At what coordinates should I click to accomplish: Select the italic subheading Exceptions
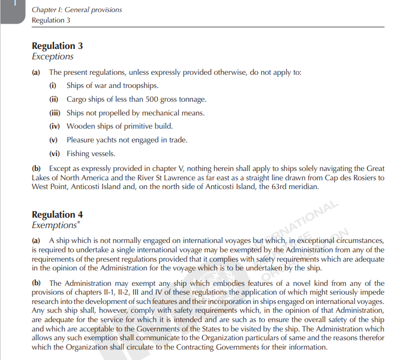[53, 57]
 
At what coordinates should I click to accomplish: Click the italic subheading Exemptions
[53, 225]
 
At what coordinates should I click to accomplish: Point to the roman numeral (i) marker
[53, 86]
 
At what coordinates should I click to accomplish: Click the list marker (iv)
[54, 126]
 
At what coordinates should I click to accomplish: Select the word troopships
[141, 86]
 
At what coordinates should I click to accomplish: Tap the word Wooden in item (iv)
[79, 126]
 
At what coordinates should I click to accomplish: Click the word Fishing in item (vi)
[79, 154]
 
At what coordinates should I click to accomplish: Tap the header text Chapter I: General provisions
[77, 10]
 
